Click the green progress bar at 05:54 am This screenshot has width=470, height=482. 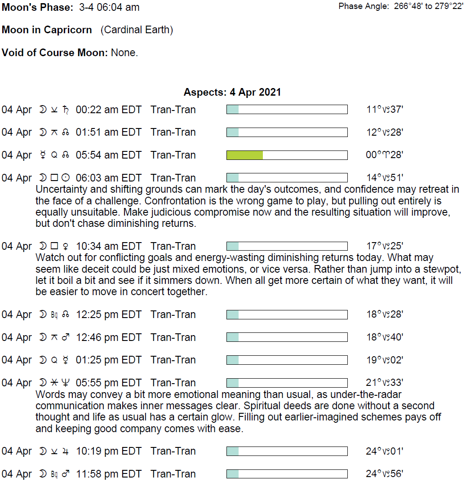point(287,155)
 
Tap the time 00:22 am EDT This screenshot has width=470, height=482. point(108,110)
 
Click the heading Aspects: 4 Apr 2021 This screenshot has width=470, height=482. point(232,93)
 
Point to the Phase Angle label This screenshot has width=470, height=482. point(363,6)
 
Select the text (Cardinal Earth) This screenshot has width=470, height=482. point(137,30)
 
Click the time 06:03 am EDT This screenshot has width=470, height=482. point(108,178)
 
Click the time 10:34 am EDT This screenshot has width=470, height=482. point(108,246)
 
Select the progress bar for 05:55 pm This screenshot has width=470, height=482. point(287,383)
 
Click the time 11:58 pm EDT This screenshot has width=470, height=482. point(108,474)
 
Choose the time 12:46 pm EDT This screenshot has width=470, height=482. point(108,337)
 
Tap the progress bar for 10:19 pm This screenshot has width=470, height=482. point(287,451)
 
